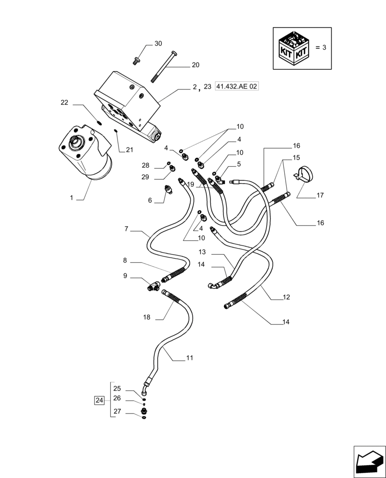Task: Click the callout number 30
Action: tap(158, 43)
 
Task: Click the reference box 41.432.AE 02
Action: tap(237, 87)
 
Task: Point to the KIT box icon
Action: tap(293, 48)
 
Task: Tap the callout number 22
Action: tap(64, 103)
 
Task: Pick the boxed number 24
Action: tap(99, 400)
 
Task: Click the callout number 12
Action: tap(286, 297)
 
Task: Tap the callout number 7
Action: tap(126, 229)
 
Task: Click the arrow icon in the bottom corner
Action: tap(369, 461)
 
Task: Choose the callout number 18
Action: tap(146, 317)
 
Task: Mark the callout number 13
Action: tap(202, 252)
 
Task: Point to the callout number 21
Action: tap(129, 150)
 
